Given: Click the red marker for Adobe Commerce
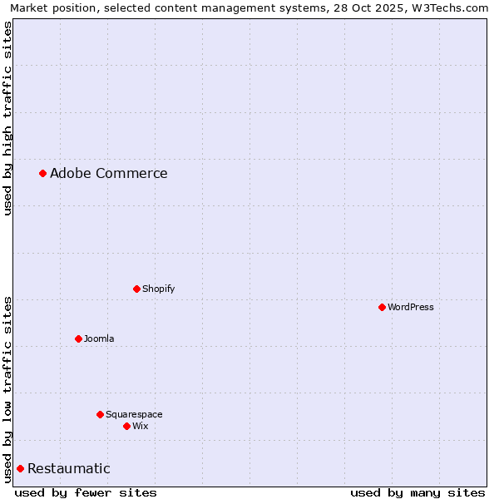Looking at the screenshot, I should click(x=42, y=173).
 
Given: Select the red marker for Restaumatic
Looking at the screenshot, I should click(x=20, y=468).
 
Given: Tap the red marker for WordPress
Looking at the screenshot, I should click(x=382, y=307).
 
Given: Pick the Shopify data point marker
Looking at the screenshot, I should click(x=136, y=289).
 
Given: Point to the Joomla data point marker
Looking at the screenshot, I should click(x=78, y=338).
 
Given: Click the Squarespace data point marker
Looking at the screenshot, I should click(x=100, y=414).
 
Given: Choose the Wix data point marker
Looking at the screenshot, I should click(x=126, y=426).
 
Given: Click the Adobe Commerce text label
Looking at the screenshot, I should click(x=108, y=173).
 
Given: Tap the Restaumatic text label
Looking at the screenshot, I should click(x=68, y=468).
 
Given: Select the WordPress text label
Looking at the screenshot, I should click(x=410, y=307).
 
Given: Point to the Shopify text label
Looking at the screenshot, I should click(x=158, y=289).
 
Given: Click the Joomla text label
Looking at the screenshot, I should click(x=99, y=338).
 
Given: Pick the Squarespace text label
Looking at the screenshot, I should click(x=134, y=414).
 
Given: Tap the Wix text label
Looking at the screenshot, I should click(x=140, y=426).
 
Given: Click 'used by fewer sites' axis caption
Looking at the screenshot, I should click(x=86, y=492).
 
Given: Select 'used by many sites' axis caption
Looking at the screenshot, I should click(x=417, y=492).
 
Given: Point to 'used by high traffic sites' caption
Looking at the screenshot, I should click(x=7, y=118).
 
